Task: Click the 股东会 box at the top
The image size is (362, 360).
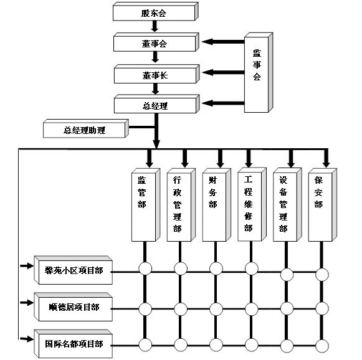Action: click(x=155, y=12)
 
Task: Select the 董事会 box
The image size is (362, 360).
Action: click(x=156, y=42)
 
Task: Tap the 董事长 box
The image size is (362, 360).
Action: click(x=156, y=74)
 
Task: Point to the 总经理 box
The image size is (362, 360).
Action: click(x=156, y=104)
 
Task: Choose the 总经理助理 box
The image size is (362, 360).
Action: click(x=86, y=128)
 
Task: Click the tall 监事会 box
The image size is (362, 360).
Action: click(x=259, y=72)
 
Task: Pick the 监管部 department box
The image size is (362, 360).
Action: click(x=146, y=205)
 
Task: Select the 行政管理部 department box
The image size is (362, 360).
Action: click(x=181, y=205)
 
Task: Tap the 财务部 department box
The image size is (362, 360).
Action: click(x=217, y=205)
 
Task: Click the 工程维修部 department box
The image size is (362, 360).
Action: click(x=252, y=204)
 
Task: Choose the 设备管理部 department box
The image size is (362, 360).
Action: click(x=287, y=205)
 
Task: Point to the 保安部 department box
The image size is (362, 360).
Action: click(x=323, y=205)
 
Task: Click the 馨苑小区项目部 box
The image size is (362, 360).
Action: click(x=73, y=270)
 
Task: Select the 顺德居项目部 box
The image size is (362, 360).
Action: click(x=73, y=307)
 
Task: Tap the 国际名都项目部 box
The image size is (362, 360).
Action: click(x=73, y=344)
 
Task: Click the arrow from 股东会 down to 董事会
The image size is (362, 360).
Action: click(x=155, y=26)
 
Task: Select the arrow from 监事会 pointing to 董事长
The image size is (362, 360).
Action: click(x=223, y=72)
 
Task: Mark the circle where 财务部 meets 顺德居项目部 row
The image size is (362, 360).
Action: click(x=216, y=309)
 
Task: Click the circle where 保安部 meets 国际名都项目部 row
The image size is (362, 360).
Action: click(x=322, y=346)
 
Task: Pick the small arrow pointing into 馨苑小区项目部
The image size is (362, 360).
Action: click(x=27, y=266)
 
